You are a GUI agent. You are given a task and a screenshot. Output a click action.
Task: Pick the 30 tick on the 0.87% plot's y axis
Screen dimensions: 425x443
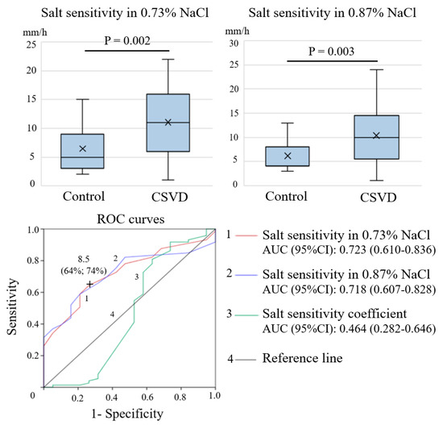pos(234,43)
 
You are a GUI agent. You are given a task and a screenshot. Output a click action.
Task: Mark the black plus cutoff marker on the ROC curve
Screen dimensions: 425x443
pos(89,284)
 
